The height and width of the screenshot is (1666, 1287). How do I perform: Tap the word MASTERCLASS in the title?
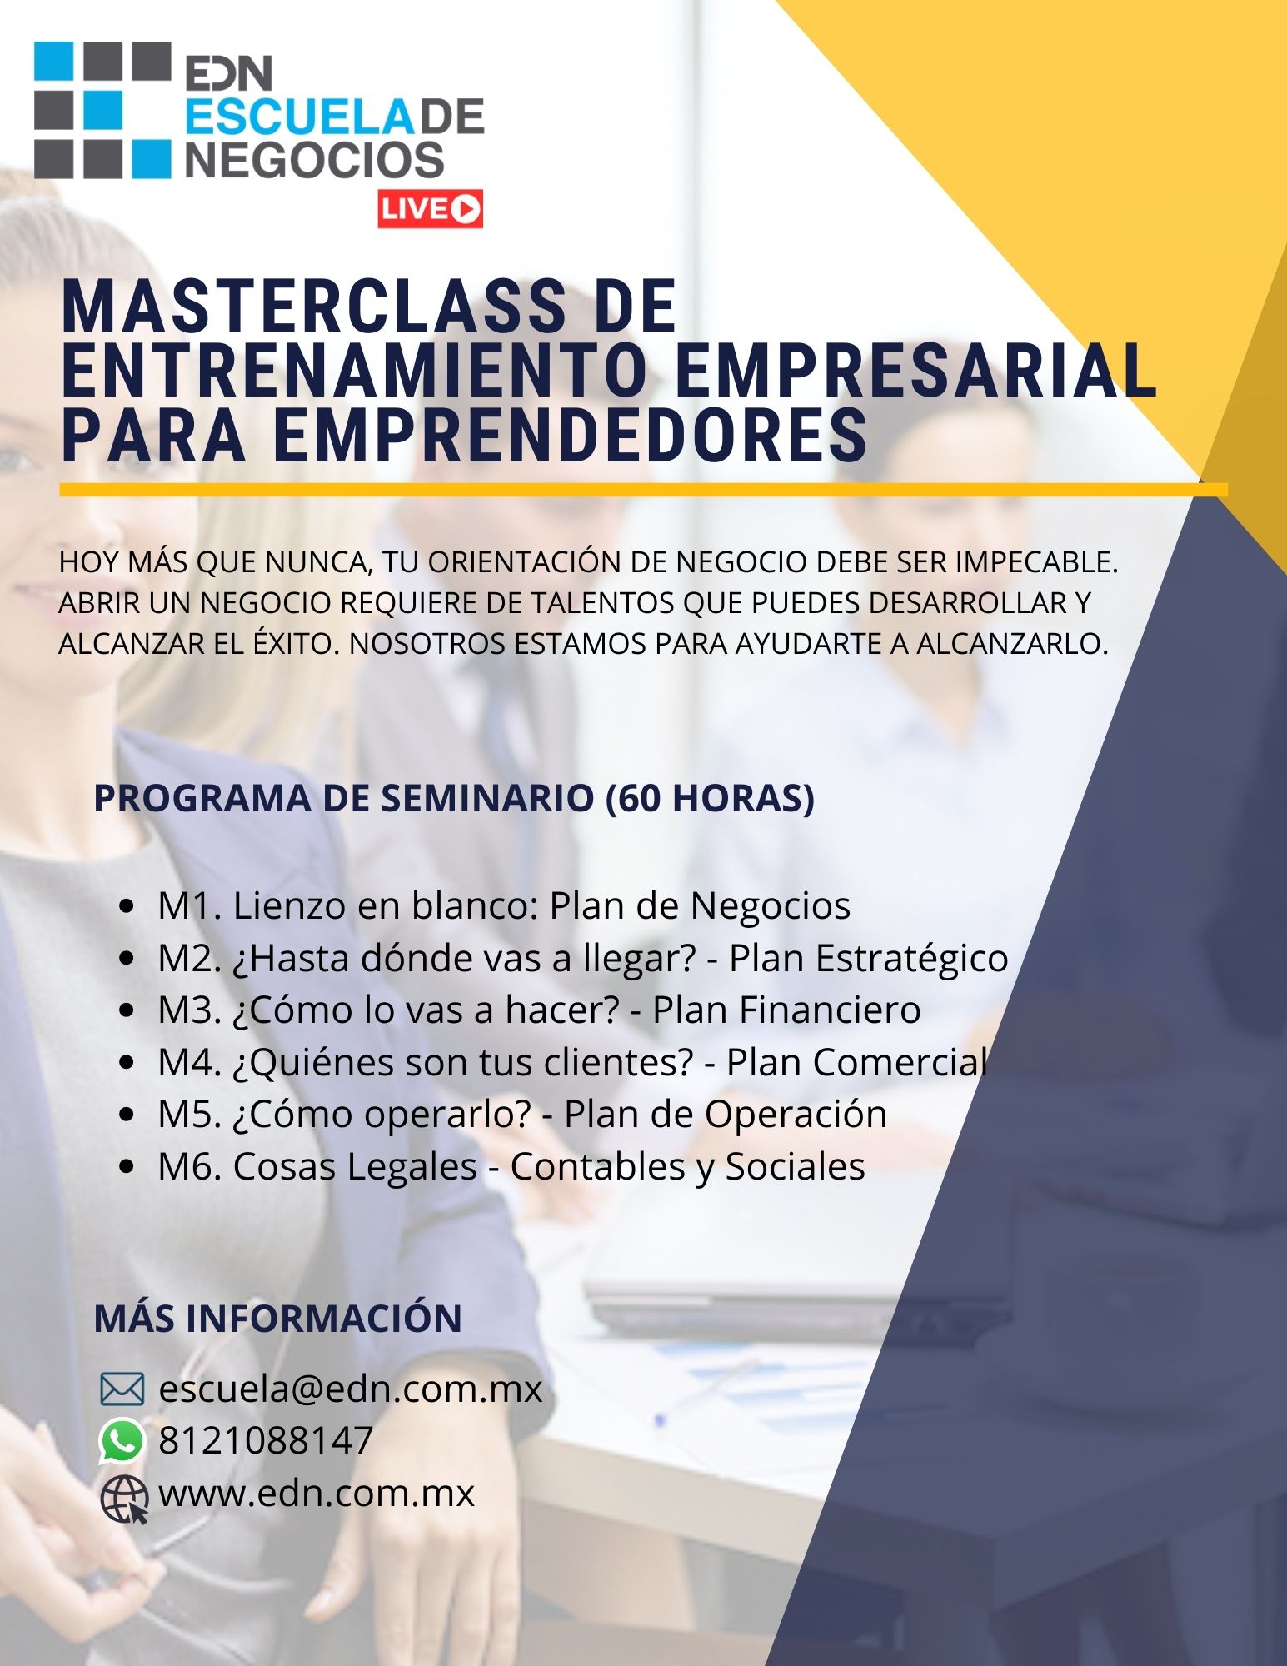[x=313, y=307]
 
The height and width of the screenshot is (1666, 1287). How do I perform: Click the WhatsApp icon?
[x=122, y=1440]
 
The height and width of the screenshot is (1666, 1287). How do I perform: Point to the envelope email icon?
[x=122, y=1389]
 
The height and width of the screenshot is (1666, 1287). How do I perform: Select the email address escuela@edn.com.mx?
[x=351, y=1389]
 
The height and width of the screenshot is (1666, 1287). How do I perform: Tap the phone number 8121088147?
[x=266, y=1440]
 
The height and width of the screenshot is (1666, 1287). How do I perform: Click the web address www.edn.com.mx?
[x=317, y=1493]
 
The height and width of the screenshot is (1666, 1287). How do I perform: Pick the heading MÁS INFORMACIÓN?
[x=278, y=1318]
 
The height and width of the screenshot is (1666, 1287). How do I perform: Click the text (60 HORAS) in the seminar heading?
[x=710, y=798]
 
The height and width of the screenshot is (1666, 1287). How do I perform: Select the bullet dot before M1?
[x=127, y=907]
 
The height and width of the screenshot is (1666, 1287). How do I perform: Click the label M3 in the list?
[x=184, y=1010]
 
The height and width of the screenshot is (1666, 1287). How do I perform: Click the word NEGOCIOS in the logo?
[x=314, y=160]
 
